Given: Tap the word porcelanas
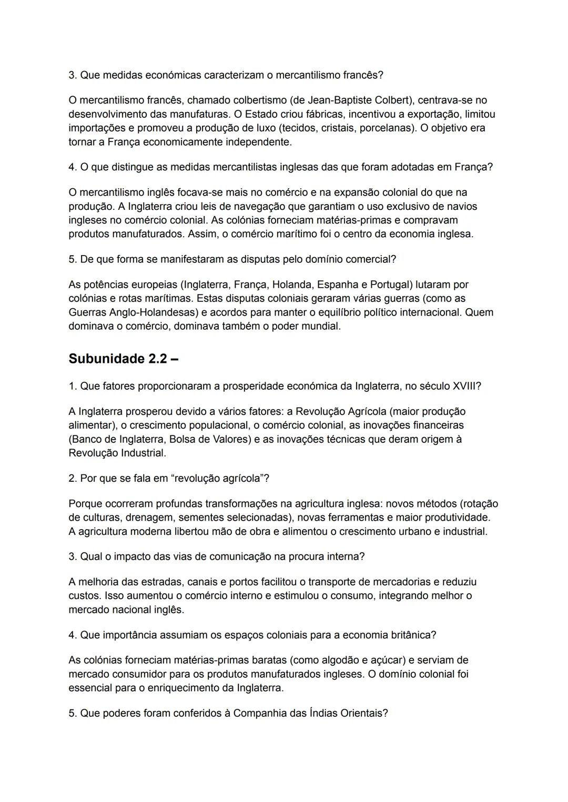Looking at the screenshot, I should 385,128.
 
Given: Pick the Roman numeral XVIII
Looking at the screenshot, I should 465,386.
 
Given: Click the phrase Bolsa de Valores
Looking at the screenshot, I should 211,439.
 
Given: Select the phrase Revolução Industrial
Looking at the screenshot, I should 117,453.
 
